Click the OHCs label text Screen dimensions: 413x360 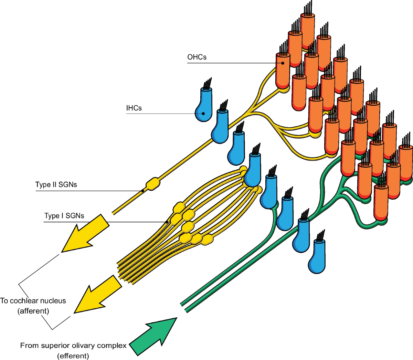tap(197, 57)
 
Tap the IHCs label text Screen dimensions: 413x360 tap(134, 108)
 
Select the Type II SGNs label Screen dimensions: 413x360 tap(56, 184)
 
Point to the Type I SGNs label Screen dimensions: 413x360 tap(64, 216)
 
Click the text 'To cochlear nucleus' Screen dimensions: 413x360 tap(33, 301)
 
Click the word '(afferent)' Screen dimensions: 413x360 tap(33, 311)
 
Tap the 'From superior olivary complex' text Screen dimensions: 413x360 tap(73, 346)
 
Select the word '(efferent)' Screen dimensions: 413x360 tap(73, 356)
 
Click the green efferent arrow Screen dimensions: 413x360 tap(153, 336)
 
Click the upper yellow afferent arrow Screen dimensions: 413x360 tap(85, 233)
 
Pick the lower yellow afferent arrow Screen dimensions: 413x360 tap(97, 295)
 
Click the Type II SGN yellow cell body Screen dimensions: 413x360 tap(153, 184)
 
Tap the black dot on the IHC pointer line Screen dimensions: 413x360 tap(203, 114)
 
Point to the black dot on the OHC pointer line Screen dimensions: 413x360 tap(283, 63)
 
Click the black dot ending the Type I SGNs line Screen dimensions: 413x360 tap(167, 222)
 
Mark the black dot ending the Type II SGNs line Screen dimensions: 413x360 tap(142, 191)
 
